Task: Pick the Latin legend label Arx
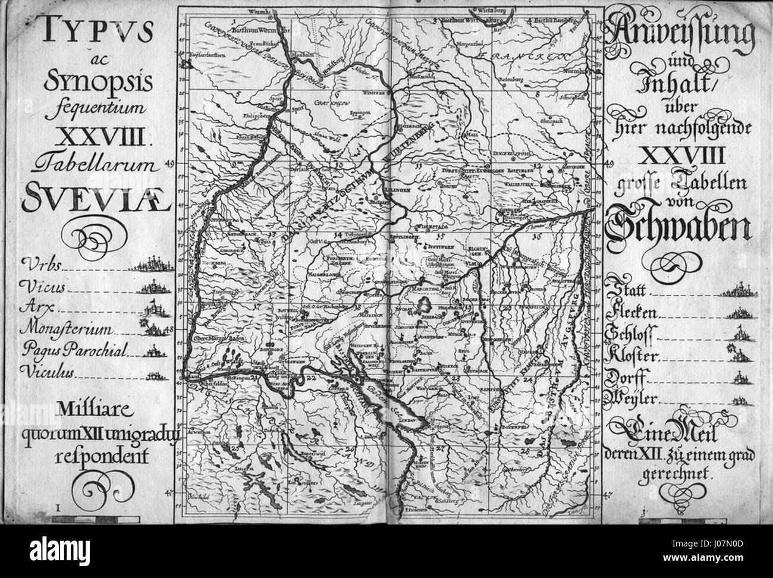point(35,308)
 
